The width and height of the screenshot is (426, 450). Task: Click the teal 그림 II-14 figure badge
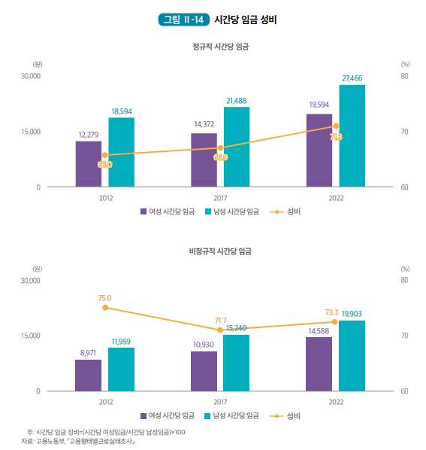183,20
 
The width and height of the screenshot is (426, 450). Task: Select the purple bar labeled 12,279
88,163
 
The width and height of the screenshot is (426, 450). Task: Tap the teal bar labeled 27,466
352,135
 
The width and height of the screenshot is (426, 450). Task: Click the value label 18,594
122,111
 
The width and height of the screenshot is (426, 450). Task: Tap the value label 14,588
319,330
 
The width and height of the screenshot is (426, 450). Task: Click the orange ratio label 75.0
104,298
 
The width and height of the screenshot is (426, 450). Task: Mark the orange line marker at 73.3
335,321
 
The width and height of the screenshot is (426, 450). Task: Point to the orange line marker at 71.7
220,330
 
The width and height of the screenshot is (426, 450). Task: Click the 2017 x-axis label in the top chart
220,198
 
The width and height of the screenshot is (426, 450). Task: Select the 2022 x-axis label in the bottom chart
335,403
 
